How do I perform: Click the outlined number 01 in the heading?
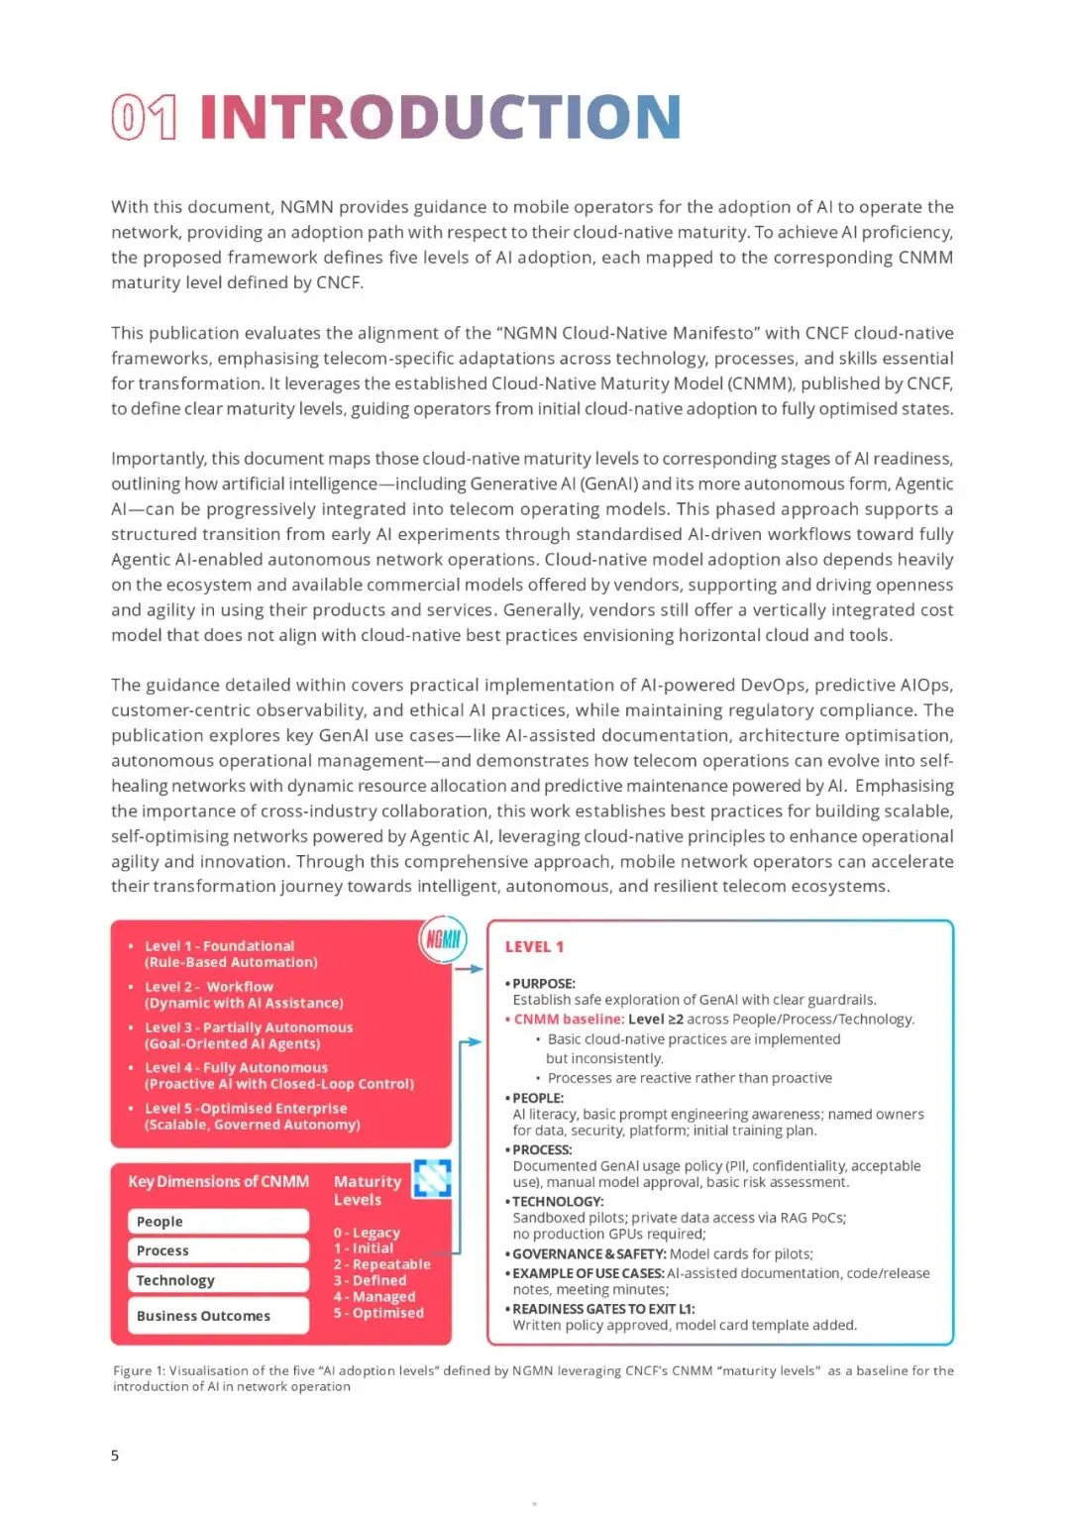click(x=145, y=117)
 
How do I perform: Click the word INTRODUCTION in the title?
click(x=440, y=117)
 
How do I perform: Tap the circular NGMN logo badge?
click(x=443, y=939)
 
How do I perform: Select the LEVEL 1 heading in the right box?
click(x=534, y=947)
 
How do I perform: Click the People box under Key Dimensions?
click(x=218, y=1222)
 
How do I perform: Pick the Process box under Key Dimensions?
click(x=218, y=1250)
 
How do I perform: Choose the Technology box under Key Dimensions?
click(x=218, y=1280)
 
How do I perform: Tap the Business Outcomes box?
click(x=218, y=1316)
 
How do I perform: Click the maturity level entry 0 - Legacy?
click(x=367, y=1233)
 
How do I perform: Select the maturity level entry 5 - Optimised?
click(x=378, y=1313)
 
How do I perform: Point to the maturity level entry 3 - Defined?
click(x=370, y=1280)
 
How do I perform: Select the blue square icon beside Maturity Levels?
click(x=432, y=1178)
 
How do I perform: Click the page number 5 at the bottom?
click(x=115, y=1456)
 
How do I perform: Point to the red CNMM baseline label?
click(x=566, y=1020)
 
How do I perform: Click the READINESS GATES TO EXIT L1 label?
click(x=603, y=1309)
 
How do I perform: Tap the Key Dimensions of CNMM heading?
click(x=218, y=1182)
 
